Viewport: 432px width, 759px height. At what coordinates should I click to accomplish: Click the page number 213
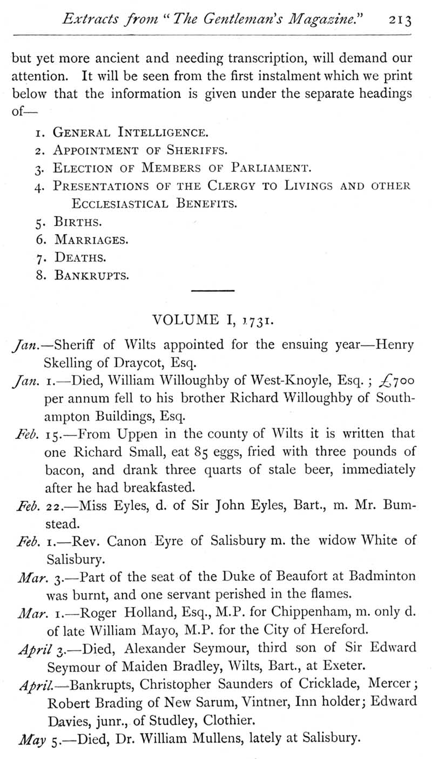(x=400, y=20)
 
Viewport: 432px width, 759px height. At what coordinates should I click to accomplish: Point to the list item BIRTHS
(x=78, y=222)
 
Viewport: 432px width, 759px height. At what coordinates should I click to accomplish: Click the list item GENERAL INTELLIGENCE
(x=130, y=132)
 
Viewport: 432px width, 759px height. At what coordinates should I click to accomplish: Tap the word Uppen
(x=146, y=434)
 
